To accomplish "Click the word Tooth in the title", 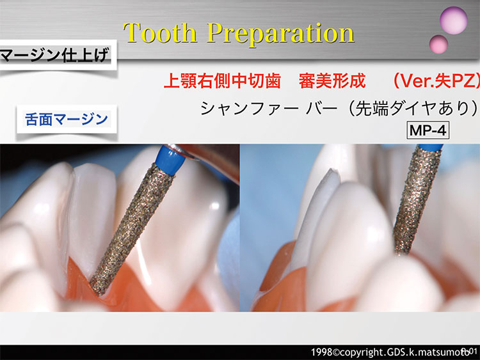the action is coord(160,33).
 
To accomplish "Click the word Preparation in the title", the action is coord(280,35).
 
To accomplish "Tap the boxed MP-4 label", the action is coord(428,130).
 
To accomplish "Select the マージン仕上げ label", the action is coord(54,56).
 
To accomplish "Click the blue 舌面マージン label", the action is coord(67,120).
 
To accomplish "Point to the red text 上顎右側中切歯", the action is coord(222,81).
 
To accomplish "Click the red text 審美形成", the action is coord(332,81).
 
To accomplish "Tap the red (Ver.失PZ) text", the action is coord(436,81).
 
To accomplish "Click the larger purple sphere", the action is coord(453,20).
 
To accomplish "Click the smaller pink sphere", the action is coord(438,44).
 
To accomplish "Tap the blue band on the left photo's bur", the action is coord(170,160).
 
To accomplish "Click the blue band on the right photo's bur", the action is coord(431,148).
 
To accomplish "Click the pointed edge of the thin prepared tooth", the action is coord(332,171).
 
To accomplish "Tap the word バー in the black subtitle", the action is coord(321,109).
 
